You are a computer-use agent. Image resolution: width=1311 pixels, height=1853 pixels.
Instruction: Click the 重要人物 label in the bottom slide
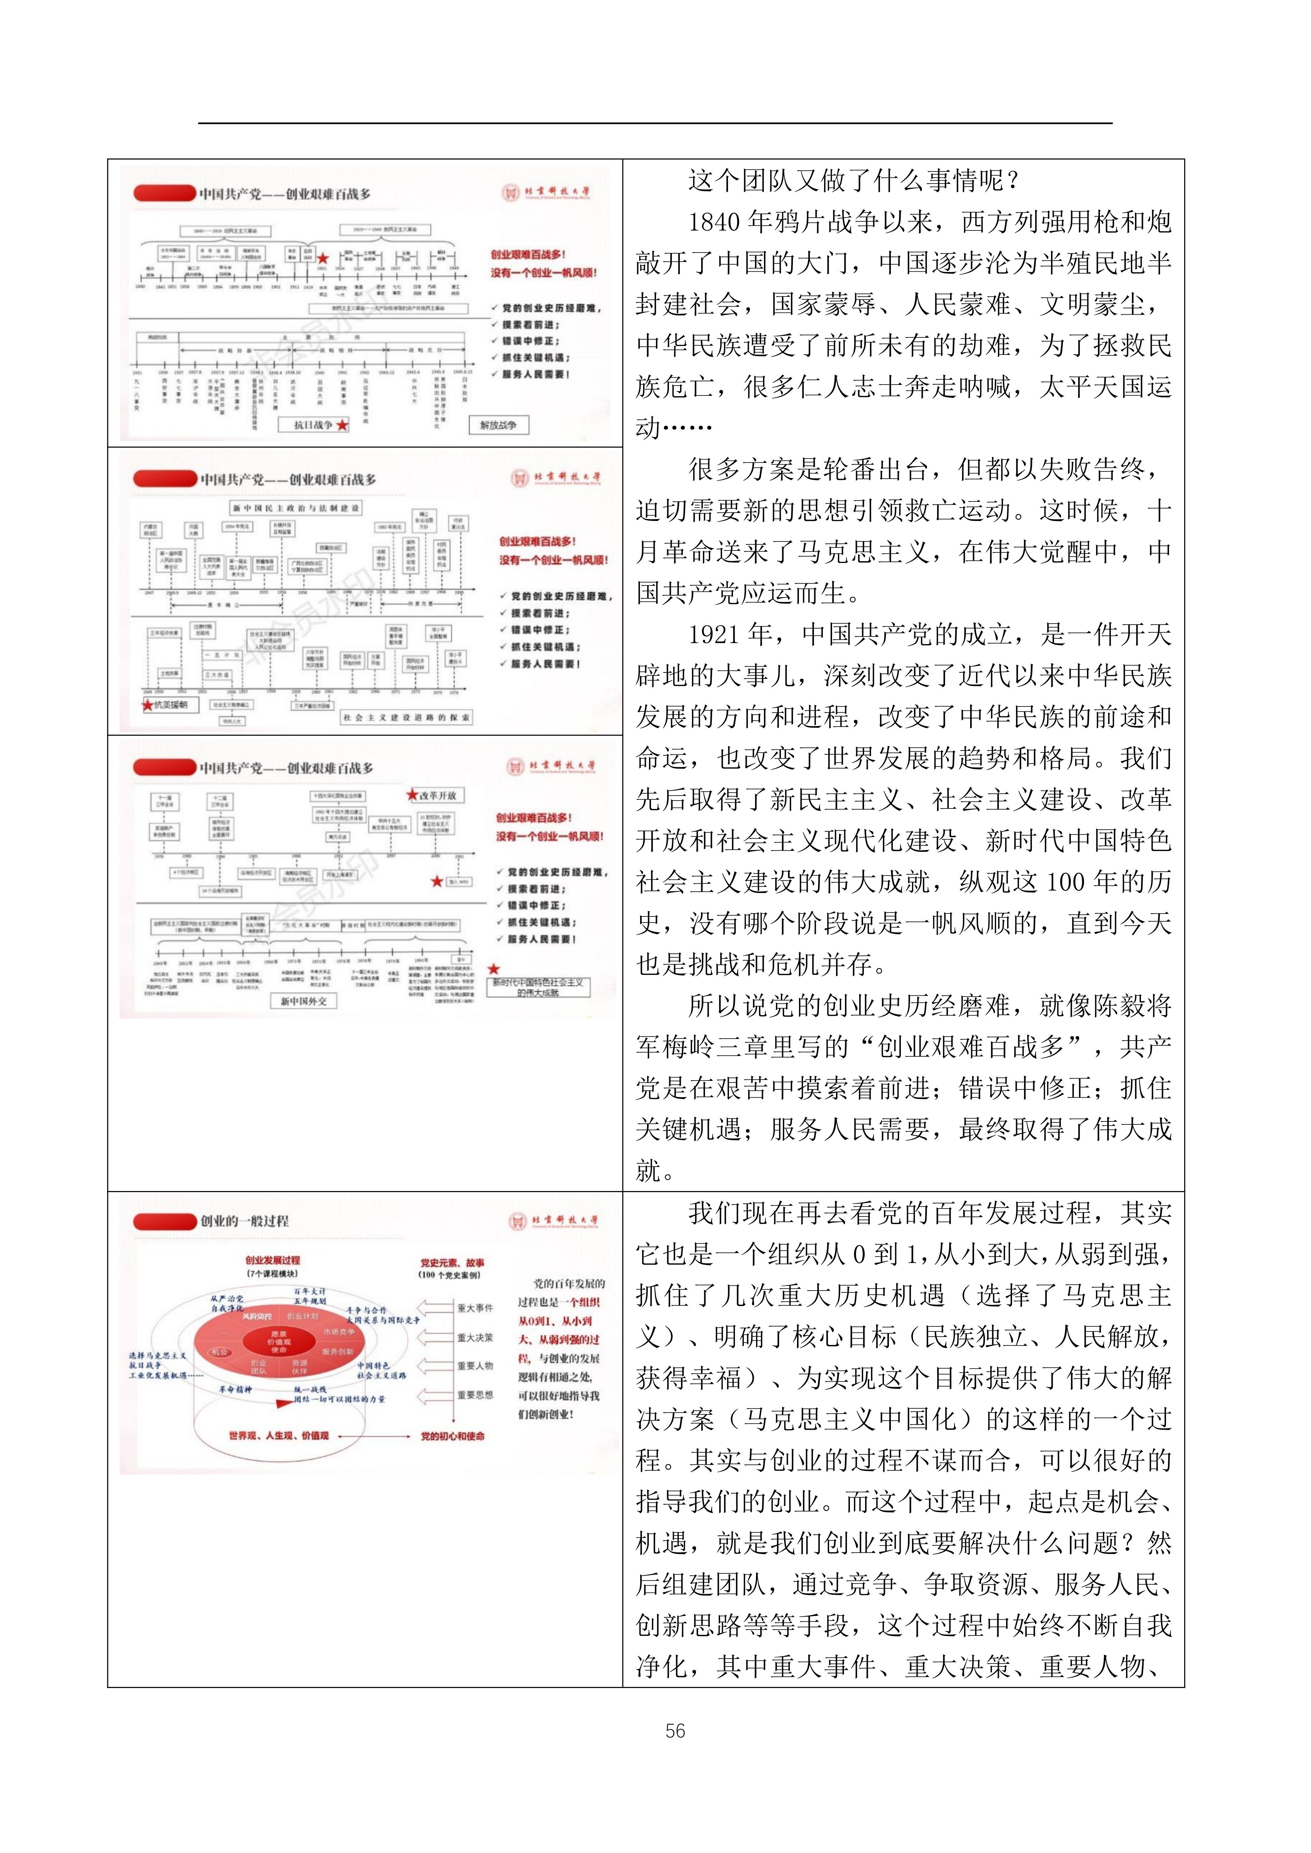(475, 1365)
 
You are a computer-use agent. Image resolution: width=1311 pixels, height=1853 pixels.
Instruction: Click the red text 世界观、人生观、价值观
(278, 1436)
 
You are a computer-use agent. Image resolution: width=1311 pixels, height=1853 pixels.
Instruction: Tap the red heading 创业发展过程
(273, 1260)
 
